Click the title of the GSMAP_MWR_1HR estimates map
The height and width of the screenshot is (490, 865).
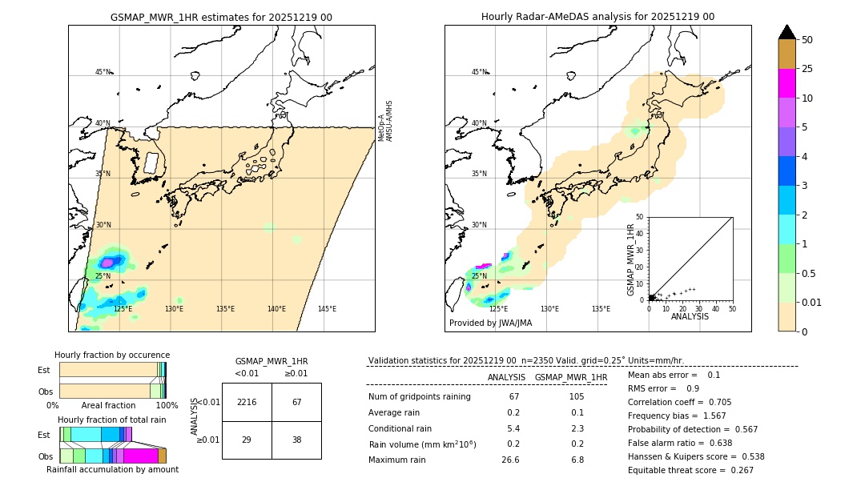click(221, 17)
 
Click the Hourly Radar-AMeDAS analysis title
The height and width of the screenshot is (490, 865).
click(597, 17)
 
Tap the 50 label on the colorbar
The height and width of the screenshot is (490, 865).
click(807, 39)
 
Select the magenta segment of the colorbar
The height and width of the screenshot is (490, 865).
click(787, 83)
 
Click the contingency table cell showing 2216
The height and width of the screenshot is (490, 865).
click(247, 402)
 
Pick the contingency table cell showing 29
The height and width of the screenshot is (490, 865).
click(247, 440)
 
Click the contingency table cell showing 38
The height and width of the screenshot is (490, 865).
click(296, 440)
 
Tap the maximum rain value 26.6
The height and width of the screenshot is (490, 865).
click(513, 460)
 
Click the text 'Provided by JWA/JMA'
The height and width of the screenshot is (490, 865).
click(490, 323)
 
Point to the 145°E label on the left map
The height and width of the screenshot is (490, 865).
click(327, 309)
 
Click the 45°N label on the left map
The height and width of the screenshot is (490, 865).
click(103, 72)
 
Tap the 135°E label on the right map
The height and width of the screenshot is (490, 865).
click(601, 309)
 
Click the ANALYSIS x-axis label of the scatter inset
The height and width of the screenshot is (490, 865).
click(690, 316)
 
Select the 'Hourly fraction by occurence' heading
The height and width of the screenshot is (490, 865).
click(112, 355)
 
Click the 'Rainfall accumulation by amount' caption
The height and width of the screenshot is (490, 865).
click(113, 469)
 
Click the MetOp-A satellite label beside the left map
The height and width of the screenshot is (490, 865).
click(381, 122)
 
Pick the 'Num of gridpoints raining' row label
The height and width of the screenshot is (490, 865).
click(420, 396)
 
